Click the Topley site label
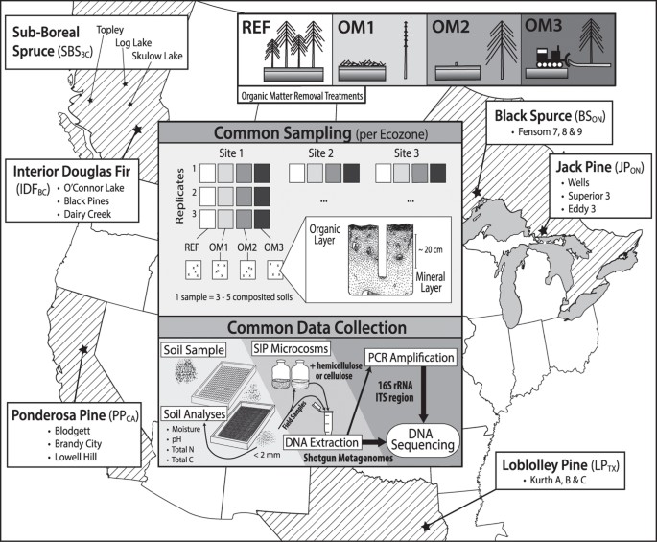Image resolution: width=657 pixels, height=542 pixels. pos(109,30)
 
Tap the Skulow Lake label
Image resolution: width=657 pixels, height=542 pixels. pos(157,56)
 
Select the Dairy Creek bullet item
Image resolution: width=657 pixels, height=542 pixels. pos(87,214)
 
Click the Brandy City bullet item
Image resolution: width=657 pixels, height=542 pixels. pos(78,444)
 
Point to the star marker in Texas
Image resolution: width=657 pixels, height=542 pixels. pos(426,527)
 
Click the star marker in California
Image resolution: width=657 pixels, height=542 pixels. pos(83,349)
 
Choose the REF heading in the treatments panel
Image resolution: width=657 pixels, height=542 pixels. pos(256,28)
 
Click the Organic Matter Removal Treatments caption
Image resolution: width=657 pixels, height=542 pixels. pos(302,96)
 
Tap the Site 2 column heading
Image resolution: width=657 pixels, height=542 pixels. pos(320,153)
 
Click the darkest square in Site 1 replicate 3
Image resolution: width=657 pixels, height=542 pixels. pos(262,219)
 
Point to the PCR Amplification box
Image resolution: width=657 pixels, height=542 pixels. pos(411,358)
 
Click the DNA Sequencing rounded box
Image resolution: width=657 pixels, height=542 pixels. pos(423,439)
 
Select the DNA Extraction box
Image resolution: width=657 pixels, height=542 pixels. pos(321,442)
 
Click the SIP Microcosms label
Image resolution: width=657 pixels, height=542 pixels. pos(291,348)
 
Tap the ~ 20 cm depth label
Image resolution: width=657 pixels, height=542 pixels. pos(430,249)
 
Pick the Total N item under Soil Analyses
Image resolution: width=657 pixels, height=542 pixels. pos(182,449)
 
